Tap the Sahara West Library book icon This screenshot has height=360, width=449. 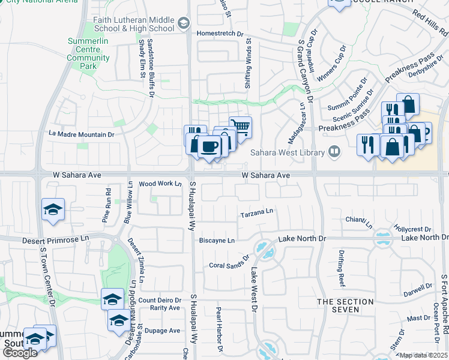click(334, 152)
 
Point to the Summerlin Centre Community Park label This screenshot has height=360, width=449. click(88, 49)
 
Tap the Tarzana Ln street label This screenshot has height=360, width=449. click(257, 212)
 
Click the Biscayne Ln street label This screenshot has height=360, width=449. click(217, 241)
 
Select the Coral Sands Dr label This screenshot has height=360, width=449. click(229, 262)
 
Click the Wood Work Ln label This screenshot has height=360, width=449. click(160, 184)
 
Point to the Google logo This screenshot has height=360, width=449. click(19, 353)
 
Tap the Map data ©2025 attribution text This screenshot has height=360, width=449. click(423, 355)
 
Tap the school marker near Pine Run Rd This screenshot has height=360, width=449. click(53, 209)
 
